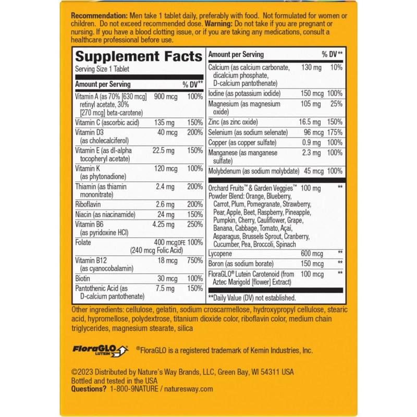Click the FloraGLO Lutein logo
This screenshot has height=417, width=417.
(x=104, y=350)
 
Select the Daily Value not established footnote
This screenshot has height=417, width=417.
(x=252, y=298)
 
